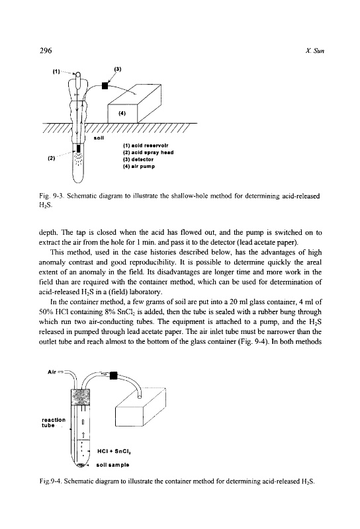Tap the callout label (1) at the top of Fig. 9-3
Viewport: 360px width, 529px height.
56,71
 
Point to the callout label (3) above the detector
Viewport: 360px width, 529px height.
118,69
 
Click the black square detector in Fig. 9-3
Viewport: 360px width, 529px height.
105,86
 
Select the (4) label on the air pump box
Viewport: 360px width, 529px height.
122,113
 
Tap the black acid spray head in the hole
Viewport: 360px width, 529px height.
79,148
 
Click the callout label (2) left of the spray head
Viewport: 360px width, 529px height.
51,157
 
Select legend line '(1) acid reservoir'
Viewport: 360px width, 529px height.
146,145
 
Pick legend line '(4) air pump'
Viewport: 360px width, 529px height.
139,167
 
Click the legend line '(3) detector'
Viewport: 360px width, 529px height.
138,159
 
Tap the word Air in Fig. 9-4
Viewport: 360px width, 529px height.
52,372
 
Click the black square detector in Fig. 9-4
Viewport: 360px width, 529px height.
113,375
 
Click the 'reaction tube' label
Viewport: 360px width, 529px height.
54,423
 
